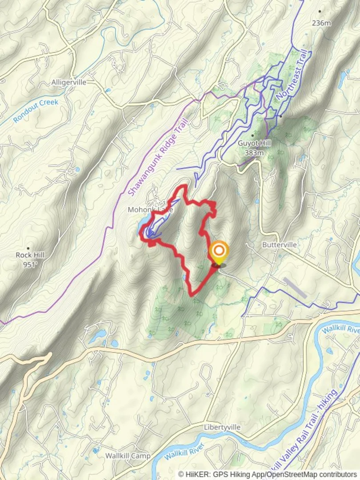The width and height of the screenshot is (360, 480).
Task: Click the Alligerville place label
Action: coord(68,82)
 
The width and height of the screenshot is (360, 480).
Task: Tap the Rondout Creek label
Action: coord(36,111)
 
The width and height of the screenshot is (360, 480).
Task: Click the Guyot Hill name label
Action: coord(254,144)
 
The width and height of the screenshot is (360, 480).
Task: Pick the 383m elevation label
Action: coord(254,152)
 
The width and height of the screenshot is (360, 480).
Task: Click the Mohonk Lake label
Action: coord(150,209)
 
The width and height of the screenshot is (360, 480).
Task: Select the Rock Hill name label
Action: coord(30,255)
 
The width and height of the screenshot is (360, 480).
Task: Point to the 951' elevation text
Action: coord(30,264)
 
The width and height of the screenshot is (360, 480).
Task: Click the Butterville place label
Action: coord(279,245)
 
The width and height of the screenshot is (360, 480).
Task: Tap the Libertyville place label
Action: coord(222,427)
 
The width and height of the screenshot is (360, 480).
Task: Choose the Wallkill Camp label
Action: coord(128,456)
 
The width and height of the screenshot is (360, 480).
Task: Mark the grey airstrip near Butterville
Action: coord(295,288)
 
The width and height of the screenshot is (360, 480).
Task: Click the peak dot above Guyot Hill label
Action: coord(253,135)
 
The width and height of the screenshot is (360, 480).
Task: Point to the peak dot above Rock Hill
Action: coord(28,248)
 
